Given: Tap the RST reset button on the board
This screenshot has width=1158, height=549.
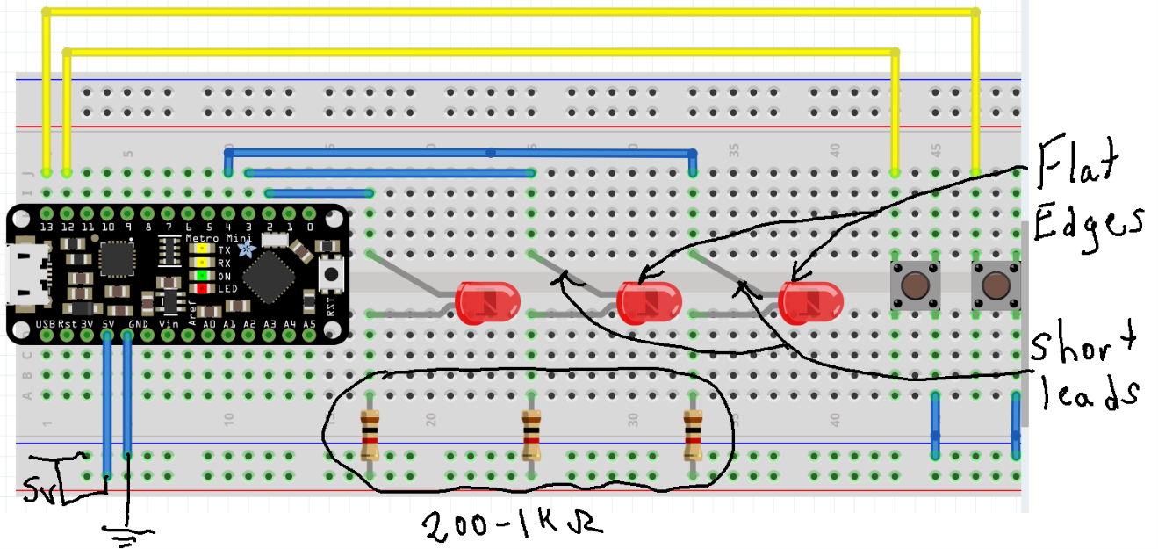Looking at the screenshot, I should tap(332, 275).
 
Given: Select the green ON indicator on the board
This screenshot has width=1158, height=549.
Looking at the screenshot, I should tap(202, 276).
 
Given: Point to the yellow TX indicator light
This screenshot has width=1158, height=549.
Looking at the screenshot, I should tap(202, 249).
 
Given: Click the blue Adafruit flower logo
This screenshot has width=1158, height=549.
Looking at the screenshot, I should tap(247, 249).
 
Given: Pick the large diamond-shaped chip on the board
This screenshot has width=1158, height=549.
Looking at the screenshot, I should tap(270, 277).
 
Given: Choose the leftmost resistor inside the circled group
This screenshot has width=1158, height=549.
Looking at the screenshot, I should tap(370, 437).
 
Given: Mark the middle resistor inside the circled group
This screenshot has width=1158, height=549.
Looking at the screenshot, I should tap(531, 437).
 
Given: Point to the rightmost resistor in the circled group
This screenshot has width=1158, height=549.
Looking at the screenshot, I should tap(694, 437).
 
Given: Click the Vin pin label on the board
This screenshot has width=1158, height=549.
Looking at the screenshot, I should tap(169, 324).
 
